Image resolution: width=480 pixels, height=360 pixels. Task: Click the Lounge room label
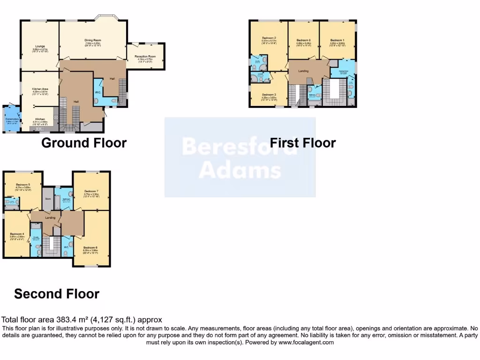coord(40,45)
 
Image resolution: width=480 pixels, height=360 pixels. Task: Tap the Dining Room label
coord(93,40)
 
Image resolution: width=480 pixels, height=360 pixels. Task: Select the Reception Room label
coord(145,56)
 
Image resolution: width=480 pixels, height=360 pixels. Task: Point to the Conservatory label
coord(12,119)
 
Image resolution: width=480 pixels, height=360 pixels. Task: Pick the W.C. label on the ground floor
coord(98,92)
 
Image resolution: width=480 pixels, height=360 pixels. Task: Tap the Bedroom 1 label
coord(337,40)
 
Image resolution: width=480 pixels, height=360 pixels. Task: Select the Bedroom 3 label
coord(269,94)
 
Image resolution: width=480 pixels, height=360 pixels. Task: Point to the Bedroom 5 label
coord(22,185)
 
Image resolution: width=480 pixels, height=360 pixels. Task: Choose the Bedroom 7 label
coord(91,191)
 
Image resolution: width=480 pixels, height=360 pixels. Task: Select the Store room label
coord(48,199)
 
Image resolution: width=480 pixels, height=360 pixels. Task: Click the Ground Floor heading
coord(84,142)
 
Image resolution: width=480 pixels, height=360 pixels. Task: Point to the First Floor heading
coord(303,142)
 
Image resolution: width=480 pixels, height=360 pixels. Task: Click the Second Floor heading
coord(57,294)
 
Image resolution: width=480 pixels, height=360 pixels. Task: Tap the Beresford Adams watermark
coord(240,158)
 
